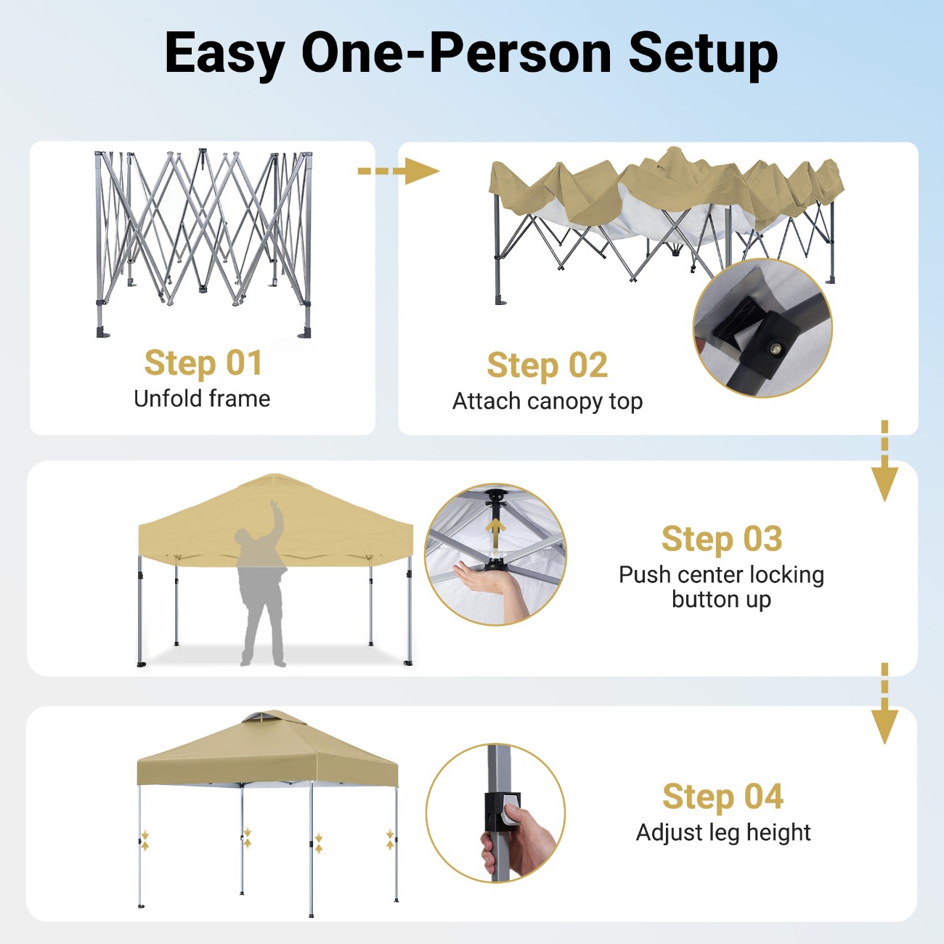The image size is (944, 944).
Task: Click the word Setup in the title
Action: click(703, 54)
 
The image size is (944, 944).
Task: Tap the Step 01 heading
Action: click(203, 363)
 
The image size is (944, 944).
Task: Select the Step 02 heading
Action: click(548, 365)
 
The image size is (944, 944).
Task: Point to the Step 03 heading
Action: click(722, 539)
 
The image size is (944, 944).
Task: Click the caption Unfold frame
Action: click(202, 399)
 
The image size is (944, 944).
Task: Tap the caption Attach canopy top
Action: click(548, 402)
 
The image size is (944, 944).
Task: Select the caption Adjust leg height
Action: click(723, 833)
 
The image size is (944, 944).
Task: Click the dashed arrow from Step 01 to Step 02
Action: click(398, 171)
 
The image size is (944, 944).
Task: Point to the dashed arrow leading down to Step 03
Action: click(884, 460)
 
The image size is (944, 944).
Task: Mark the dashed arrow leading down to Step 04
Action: click(884, 704)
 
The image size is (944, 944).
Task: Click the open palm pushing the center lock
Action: click(485, 579)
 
